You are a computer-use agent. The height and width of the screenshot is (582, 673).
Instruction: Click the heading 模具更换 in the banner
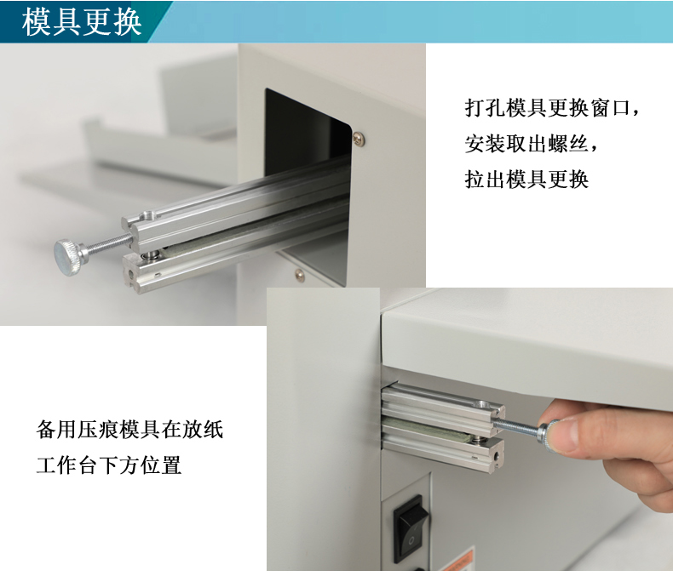click(x=82, y=21)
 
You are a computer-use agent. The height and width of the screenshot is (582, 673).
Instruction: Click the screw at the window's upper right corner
click(x=359, y=138)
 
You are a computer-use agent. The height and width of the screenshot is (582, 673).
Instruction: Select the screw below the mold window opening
click(x=299, y=274)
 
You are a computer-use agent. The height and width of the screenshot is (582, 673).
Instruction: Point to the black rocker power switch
click(x=411, y=529)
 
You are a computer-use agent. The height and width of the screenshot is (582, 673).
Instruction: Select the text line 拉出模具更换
click(x=526, y=180)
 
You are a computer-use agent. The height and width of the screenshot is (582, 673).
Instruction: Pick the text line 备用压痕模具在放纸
click(x=129, y=430)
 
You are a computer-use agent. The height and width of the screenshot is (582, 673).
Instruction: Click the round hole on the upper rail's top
click(x=148, y=214)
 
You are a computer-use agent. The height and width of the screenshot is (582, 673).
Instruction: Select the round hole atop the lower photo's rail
click(x=483, y=404)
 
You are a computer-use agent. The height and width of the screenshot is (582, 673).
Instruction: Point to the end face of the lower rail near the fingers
click(x=497, y=458)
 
